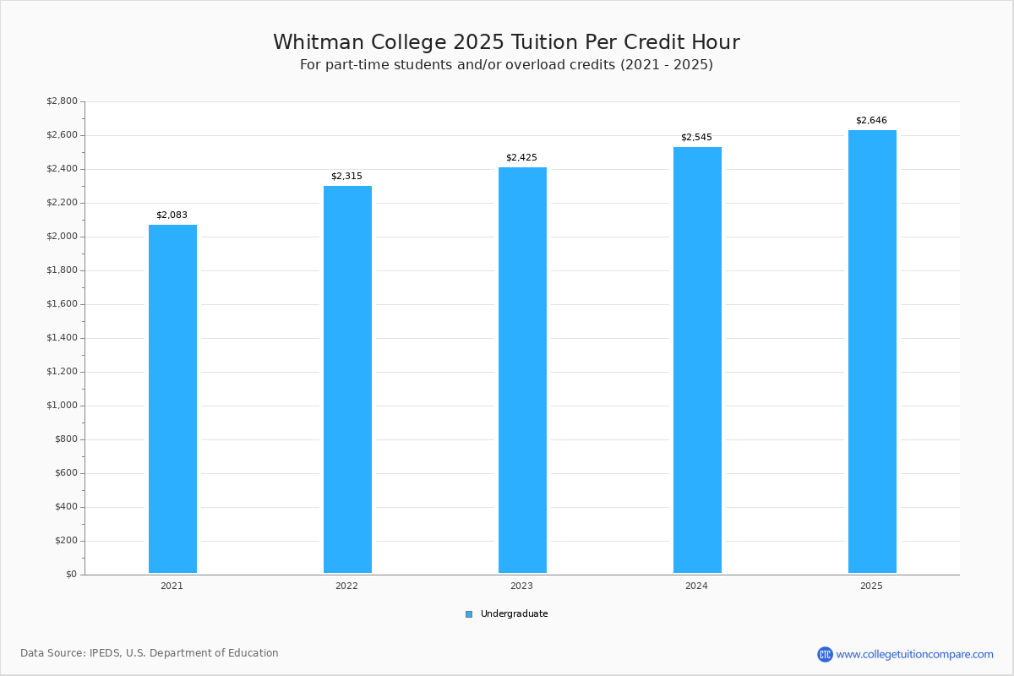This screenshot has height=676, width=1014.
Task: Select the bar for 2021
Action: tap(172, 399)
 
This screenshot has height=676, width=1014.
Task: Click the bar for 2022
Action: tap(347, 379)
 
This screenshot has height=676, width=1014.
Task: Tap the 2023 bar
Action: tap(522, 370)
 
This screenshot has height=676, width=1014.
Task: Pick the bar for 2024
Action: tap(697, 360)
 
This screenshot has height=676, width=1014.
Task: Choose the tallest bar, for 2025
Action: tap(872, 352)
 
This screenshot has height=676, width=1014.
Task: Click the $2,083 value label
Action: tap(172, 215)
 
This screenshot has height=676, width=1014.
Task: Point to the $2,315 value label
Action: tap(346, 176)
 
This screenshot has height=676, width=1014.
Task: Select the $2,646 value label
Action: tap(871, 121)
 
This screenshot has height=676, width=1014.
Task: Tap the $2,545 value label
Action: tap(696, 137)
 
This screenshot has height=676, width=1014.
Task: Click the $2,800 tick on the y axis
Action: tap(62, 101)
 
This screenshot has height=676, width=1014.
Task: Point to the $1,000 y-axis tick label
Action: tap(62, 406)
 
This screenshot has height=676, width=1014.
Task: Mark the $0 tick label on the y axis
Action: tap(72, 575)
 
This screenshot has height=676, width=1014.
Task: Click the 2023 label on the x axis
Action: tap(521, 586)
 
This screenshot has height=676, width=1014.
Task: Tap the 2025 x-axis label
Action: tap(871, 586)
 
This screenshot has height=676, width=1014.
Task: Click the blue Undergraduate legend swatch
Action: tap(469, 614)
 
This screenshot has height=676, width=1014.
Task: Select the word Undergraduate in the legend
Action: tap(515, 614)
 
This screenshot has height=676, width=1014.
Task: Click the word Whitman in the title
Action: tap(319, 42)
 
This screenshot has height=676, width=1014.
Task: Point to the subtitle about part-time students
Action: tap(506, 65)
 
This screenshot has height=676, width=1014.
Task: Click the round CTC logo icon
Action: tap(825, 654)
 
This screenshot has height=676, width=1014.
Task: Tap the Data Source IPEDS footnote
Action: tap(150, 653)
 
